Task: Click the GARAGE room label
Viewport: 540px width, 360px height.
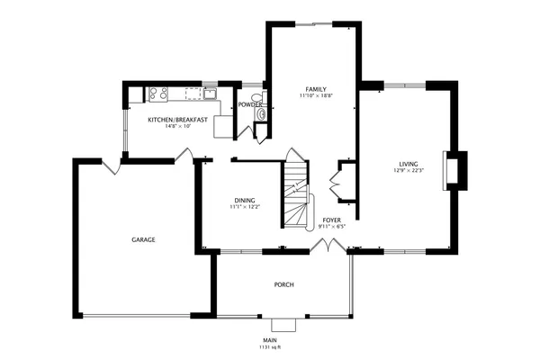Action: (x=143, y=239)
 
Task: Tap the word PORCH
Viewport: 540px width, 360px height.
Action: (x=283, y=284)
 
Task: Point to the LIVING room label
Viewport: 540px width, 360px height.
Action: (x=409, y=164)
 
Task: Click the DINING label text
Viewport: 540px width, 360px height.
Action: (x=244, y=201)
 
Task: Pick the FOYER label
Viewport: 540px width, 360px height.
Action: (x=331, y=220)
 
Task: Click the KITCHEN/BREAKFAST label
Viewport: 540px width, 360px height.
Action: (x=178, y=120)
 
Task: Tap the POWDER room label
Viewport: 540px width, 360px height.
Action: (x=250, y=104)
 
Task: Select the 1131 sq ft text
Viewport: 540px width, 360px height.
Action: (x=269, y=346)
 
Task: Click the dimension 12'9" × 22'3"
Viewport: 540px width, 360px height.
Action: (x=409, y=171)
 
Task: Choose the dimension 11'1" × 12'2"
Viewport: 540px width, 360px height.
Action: (x=244, y=207)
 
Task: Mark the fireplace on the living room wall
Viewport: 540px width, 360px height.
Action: (x=456, y=170)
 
